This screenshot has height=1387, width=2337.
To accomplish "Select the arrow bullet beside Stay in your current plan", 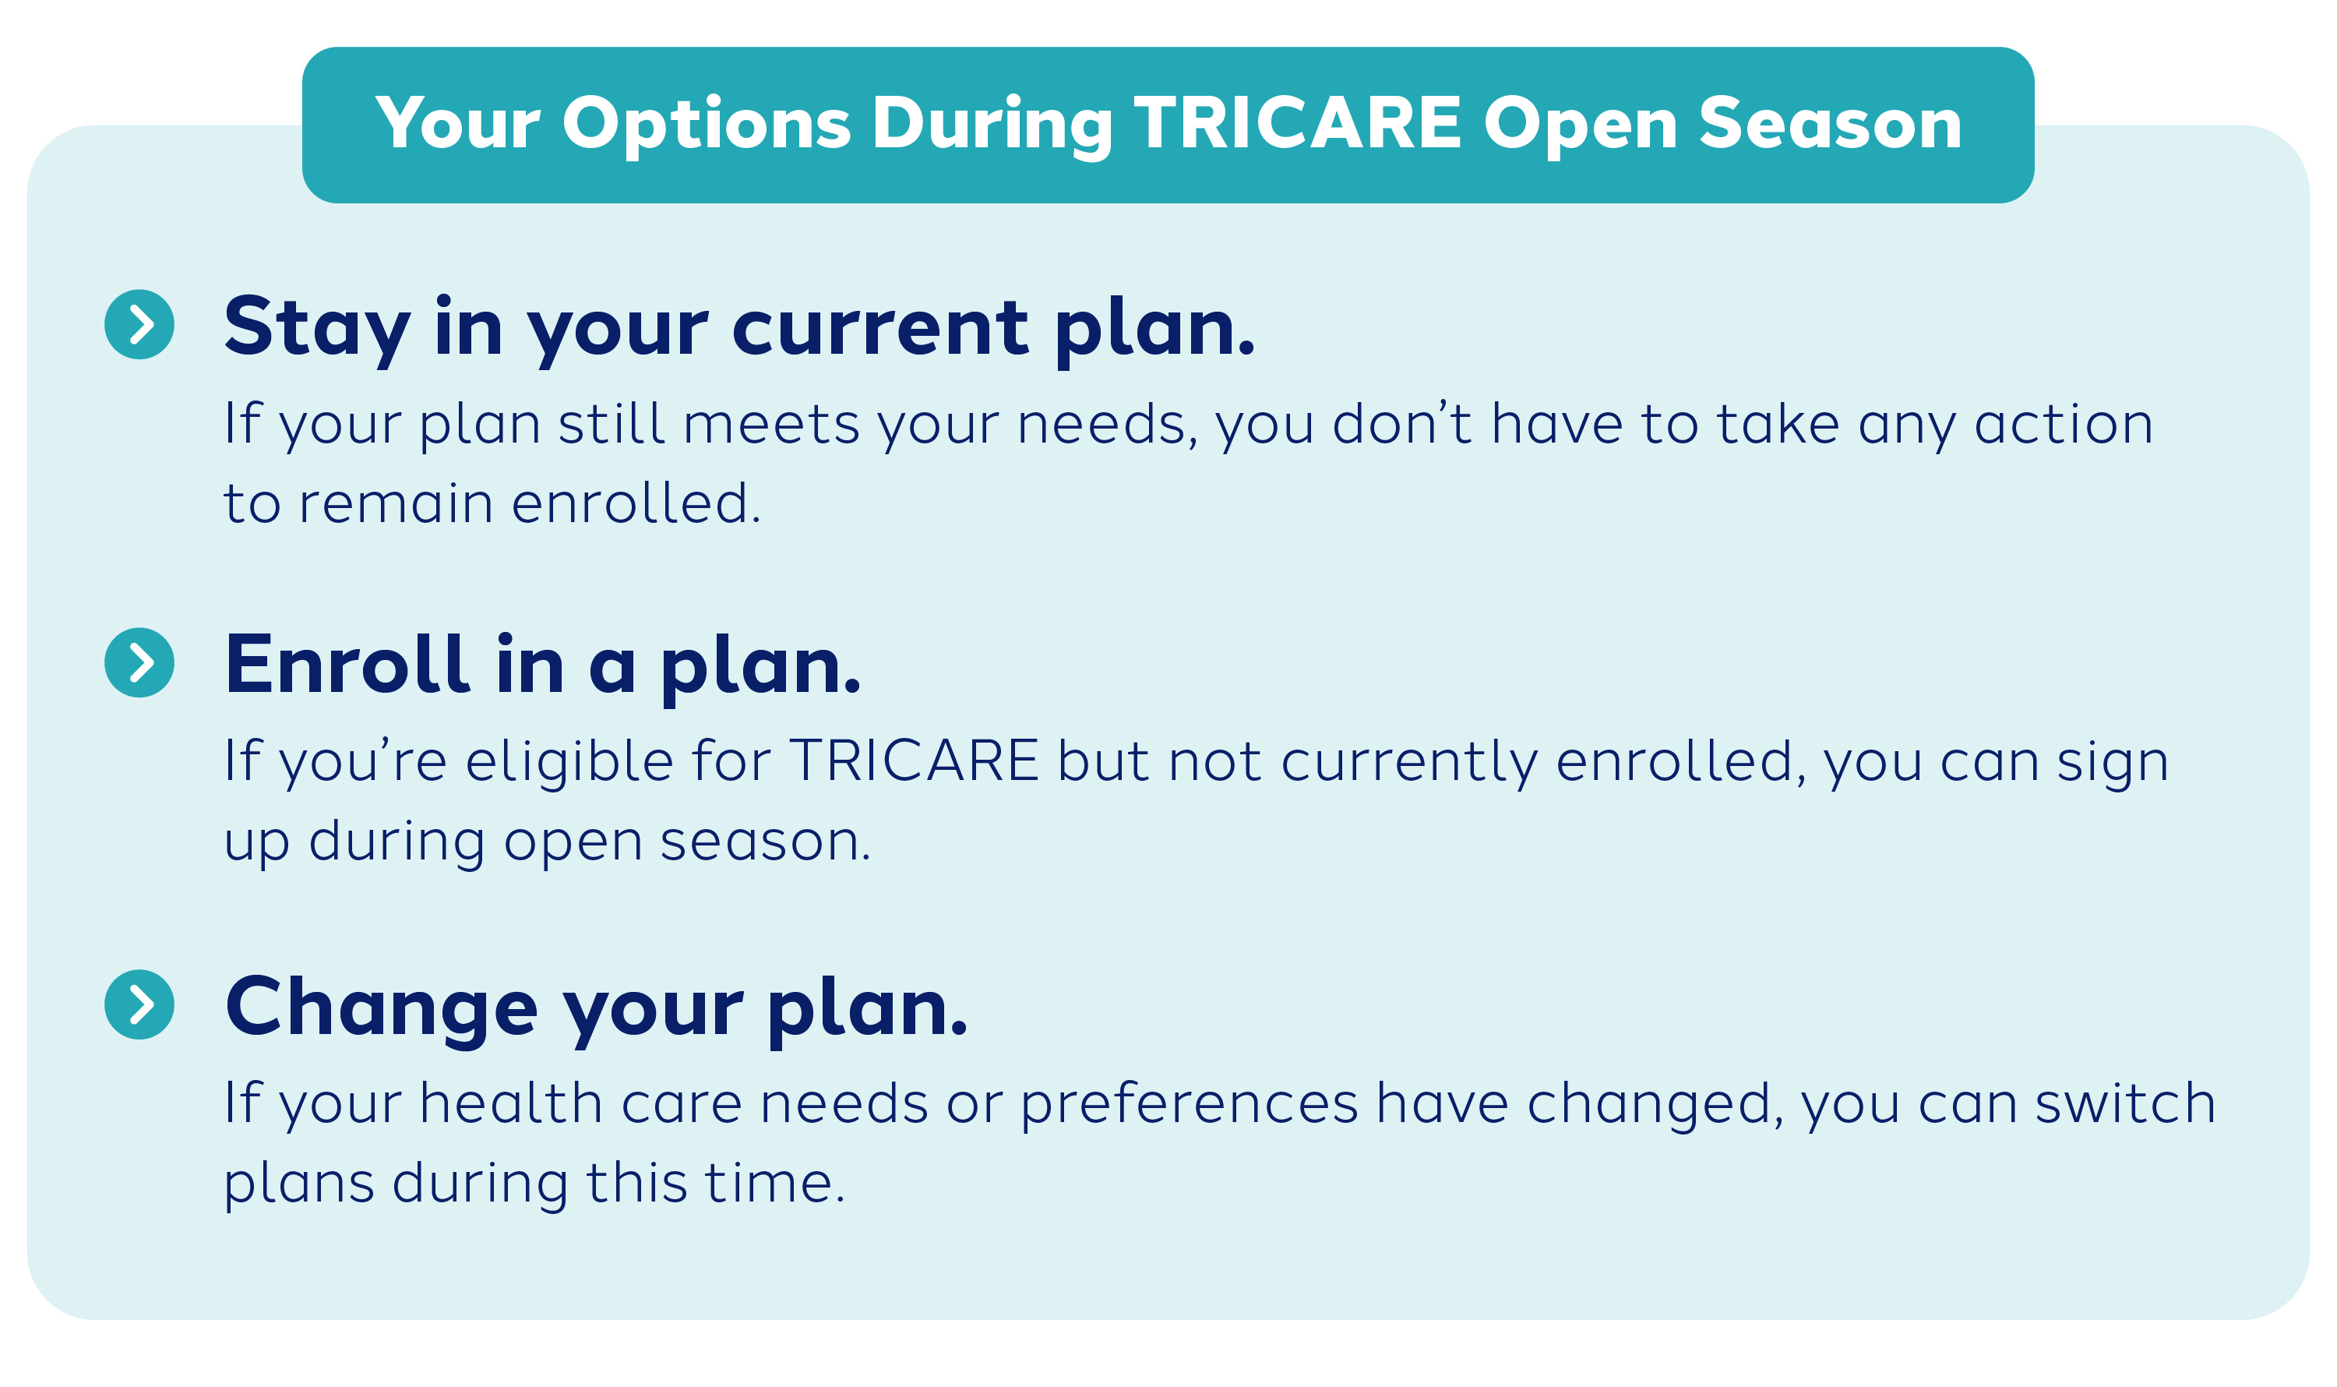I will pos(139,324).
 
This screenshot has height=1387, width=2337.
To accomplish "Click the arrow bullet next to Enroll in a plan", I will pos(139,662).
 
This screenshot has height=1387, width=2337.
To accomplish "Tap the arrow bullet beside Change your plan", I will pos(139,1004).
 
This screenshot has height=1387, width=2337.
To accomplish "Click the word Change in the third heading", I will pos(381,1008).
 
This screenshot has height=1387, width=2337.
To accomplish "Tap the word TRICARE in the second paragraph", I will pos(914,761).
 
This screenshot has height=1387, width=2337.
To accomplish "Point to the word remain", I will pos(395,504).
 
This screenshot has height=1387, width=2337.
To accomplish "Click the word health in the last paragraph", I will pos(510,1104).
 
